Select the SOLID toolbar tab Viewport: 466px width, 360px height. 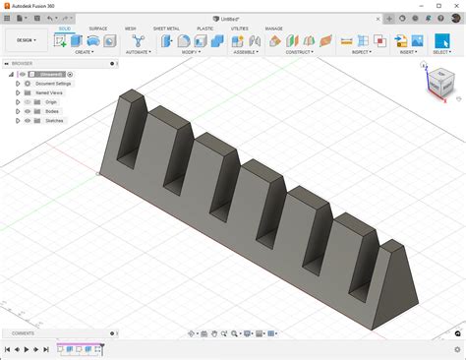point(64,29)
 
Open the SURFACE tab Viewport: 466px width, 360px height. point(97,29)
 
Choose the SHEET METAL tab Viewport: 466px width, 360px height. point(166,29)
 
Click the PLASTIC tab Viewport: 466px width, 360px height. point(204,29)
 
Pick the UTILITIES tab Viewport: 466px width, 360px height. point(239,29)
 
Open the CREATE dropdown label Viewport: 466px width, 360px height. point(85,52)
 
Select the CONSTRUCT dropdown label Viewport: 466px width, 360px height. point(300,52)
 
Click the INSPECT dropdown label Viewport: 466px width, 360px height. point(361,52)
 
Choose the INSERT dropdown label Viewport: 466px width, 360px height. point(407,52)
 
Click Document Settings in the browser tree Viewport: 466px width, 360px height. point(53,84)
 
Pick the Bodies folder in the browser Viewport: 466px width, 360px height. point(51,111)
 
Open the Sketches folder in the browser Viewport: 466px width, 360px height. point(53,120)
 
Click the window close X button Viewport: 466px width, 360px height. point(455,6)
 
